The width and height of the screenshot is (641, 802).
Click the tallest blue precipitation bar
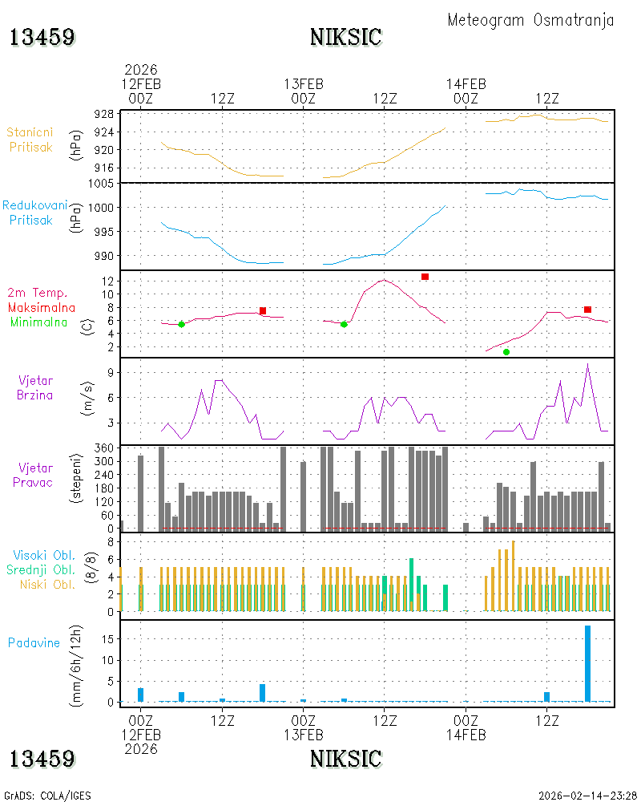[587, 663]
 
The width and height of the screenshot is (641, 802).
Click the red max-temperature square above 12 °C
[425, 277]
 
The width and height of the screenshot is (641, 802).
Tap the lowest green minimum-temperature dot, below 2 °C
[506, 352]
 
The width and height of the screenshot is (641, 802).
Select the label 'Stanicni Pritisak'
[30, 140]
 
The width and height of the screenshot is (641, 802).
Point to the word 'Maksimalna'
[42, 308]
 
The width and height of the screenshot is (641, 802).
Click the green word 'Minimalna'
[38, 322]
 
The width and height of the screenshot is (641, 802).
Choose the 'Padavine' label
[34, 643]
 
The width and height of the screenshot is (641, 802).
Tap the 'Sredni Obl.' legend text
[41, 569]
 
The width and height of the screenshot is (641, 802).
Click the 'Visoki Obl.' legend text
[44, 556]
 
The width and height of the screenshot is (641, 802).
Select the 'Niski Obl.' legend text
[47, 585]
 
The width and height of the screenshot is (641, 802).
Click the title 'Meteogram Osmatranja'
[530, 20]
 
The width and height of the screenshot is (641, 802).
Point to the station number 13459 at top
[42, 38]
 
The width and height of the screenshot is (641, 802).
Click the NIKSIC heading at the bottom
[346, 759]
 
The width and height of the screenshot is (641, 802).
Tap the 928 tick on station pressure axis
[104, 114]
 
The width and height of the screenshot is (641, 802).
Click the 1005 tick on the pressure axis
[101, 184]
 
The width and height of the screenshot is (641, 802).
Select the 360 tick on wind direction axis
[104, 448]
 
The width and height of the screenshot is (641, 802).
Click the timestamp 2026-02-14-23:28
[587, 796]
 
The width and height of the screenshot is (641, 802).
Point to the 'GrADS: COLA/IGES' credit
[47, 796]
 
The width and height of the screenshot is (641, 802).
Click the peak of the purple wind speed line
[588, 363]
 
